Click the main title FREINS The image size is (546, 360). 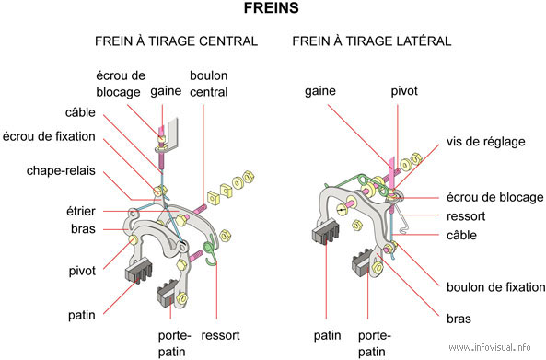(272, 8)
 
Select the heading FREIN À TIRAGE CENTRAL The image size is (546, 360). (176, 41)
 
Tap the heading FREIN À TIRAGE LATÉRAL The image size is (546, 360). (372, 41)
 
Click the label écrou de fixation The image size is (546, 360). (49, 136)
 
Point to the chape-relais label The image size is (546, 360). (61, 171)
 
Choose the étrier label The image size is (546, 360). (81, 211)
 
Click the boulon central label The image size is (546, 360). (209, 84)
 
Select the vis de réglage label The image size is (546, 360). (486, 142)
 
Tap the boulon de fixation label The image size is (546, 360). (496, 287)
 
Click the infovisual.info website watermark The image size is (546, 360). (490, 347)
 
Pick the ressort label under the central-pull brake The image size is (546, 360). (220, 335)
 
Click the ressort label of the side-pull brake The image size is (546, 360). (466, 216)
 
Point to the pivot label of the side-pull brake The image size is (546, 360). (404, 91)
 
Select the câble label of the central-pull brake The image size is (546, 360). (80, 112)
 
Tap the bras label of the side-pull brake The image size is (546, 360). (459, 319)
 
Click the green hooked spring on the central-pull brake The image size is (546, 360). (210, 251)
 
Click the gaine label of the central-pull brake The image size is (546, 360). (166, 91)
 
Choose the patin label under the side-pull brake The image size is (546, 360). (327, 336)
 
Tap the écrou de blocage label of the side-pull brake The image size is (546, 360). (494, 197)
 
